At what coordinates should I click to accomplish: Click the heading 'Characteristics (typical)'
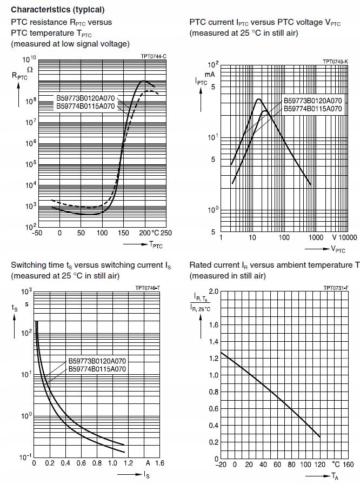coord(58,10)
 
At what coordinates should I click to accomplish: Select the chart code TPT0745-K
coord(335,62)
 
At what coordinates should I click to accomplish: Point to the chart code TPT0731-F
coord(336,288)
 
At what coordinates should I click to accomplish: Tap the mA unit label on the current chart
coord(210,73)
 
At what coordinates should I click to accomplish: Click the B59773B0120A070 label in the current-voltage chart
coord(314,101)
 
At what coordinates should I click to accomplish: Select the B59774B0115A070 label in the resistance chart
coord(86,107)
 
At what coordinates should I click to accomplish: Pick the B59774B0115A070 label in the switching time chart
coord(97,369)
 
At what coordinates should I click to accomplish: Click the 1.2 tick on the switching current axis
coord(128,464)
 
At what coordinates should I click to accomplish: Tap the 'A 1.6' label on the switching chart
coord(154,464)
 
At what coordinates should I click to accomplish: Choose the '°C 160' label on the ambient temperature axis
coord(343,464)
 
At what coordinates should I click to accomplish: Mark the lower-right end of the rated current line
coord(320,436)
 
